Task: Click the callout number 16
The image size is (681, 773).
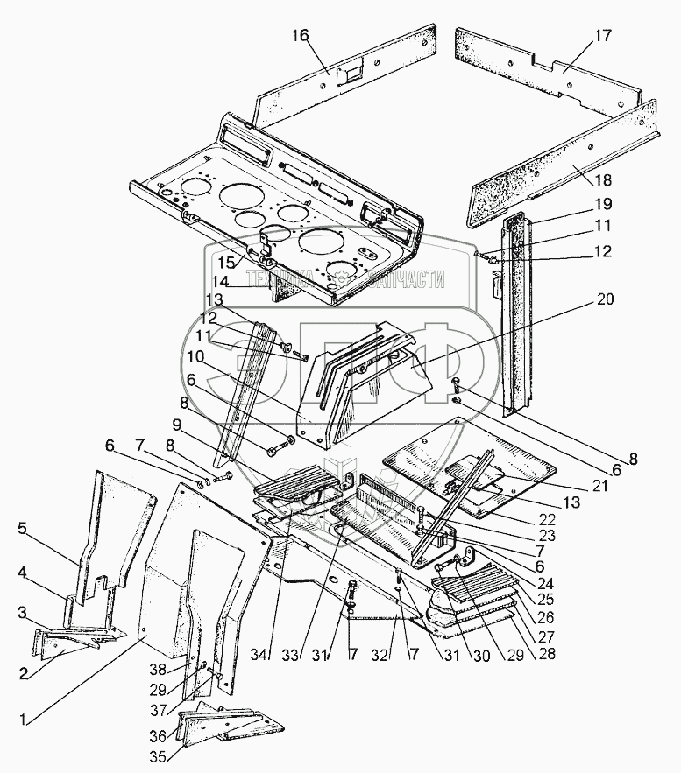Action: point(301,35)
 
